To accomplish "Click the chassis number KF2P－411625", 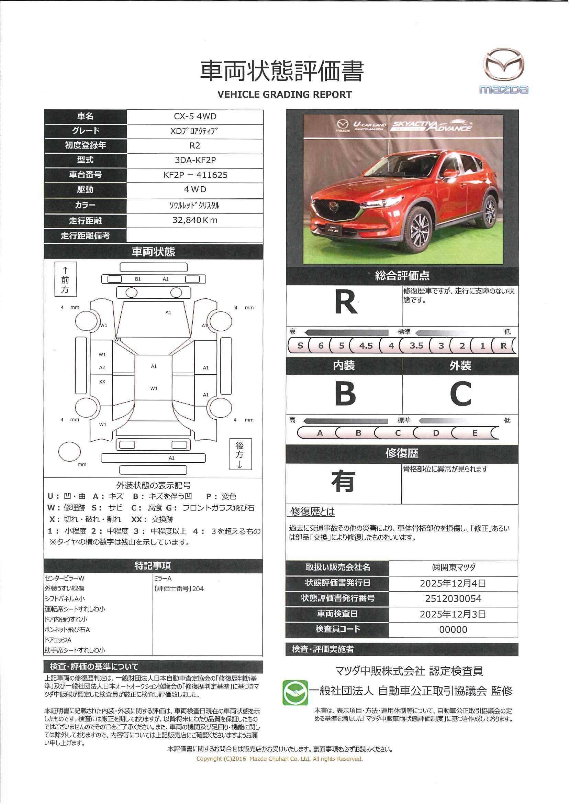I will point(195,175).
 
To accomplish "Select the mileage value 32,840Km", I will point(195,220).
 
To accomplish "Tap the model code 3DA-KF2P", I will point(195,160).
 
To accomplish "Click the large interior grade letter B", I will point(345,394).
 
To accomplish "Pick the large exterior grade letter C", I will point(460,394).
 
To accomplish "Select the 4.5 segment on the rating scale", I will point(366,345).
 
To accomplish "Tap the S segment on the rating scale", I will point(300,345).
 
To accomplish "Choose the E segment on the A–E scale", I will point(475,433).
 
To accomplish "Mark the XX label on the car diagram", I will point(102,382).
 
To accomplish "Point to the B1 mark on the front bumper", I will point(138,279).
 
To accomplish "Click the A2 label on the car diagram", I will point(102,368).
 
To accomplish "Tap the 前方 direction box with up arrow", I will point(66,279).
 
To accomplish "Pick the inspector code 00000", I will point(453,629).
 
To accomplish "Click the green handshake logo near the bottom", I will point(295,693).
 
